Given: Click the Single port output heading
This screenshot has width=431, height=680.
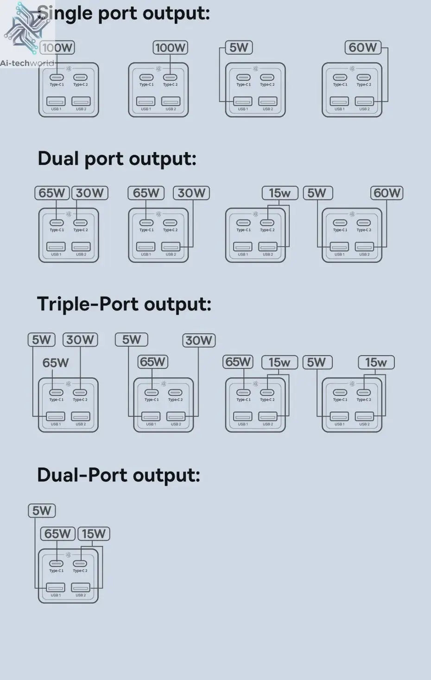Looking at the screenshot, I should pos(124,13).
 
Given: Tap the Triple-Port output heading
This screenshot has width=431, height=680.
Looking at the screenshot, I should pos(124,304).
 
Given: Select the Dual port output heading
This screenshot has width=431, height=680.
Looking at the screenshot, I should pos(117,159).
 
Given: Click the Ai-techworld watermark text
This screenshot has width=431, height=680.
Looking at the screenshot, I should pos(27,63).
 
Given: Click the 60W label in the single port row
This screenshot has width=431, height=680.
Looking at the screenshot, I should pos(363,47).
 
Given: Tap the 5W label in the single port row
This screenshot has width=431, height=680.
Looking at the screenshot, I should pos(239,47).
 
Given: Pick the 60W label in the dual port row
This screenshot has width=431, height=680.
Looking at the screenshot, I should pos(387,193).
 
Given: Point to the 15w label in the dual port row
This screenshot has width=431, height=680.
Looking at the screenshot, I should pos(280,193).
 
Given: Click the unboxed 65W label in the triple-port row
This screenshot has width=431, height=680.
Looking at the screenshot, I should pos(56,363).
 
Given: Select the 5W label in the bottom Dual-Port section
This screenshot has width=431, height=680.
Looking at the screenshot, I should pos(42,511).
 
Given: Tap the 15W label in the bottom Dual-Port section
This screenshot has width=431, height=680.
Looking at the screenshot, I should pos(94,534).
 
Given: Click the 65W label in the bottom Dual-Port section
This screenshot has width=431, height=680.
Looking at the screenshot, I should pos(57,534).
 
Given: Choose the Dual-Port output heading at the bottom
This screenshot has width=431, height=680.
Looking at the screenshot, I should pos(118,475).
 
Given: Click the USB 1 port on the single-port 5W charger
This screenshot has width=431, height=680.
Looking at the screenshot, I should pos(242,101).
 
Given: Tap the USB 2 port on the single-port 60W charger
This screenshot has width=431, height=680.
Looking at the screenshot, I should pos(364,101).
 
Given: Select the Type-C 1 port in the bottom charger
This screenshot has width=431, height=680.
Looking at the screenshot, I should pos(56,564).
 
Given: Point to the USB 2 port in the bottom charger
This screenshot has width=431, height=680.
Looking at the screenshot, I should pos(81,588).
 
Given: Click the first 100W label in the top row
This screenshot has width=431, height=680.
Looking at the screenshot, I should pos(57,47).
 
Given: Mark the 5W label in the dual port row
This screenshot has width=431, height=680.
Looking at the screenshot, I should pos(317,193).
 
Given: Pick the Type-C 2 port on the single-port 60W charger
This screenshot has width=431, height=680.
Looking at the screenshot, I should pos(364,77).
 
